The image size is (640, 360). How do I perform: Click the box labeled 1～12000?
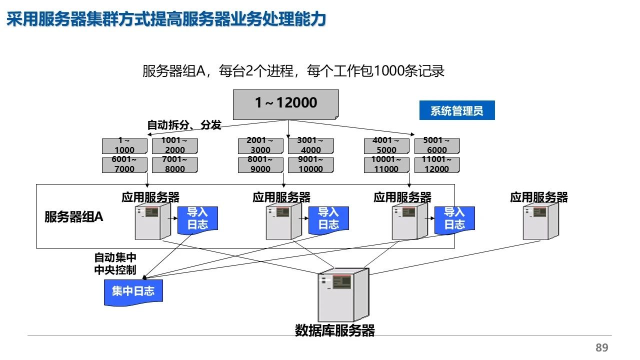tap(286, 103)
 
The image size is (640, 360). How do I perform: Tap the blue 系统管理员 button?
tap(456, 111)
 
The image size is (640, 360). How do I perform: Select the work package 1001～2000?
tap(174, 145)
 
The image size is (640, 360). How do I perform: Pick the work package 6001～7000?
tap(124, 164)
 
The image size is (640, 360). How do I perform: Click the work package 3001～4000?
tap(310, 145)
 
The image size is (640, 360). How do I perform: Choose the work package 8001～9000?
tap(260, 164)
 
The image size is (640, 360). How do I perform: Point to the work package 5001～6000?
tap(436, 145)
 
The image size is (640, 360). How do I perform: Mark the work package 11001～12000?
tap(436, 164)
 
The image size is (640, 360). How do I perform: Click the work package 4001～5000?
tap(386, 145)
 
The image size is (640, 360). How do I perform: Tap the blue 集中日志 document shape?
tap(133, 291)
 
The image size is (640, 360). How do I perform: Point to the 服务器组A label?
tap(74, 217)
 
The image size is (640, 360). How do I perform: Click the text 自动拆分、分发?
tap(184, 125)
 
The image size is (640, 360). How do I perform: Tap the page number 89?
tap(602, 348)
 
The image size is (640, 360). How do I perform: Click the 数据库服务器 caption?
tap(334, 330)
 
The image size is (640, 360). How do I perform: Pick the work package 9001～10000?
tap(310, 164)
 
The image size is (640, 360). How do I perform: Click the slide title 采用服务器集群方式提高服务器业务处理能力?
tap(166, 19)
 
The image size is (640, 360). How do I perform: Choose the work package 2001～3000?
tap(260, 145)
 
